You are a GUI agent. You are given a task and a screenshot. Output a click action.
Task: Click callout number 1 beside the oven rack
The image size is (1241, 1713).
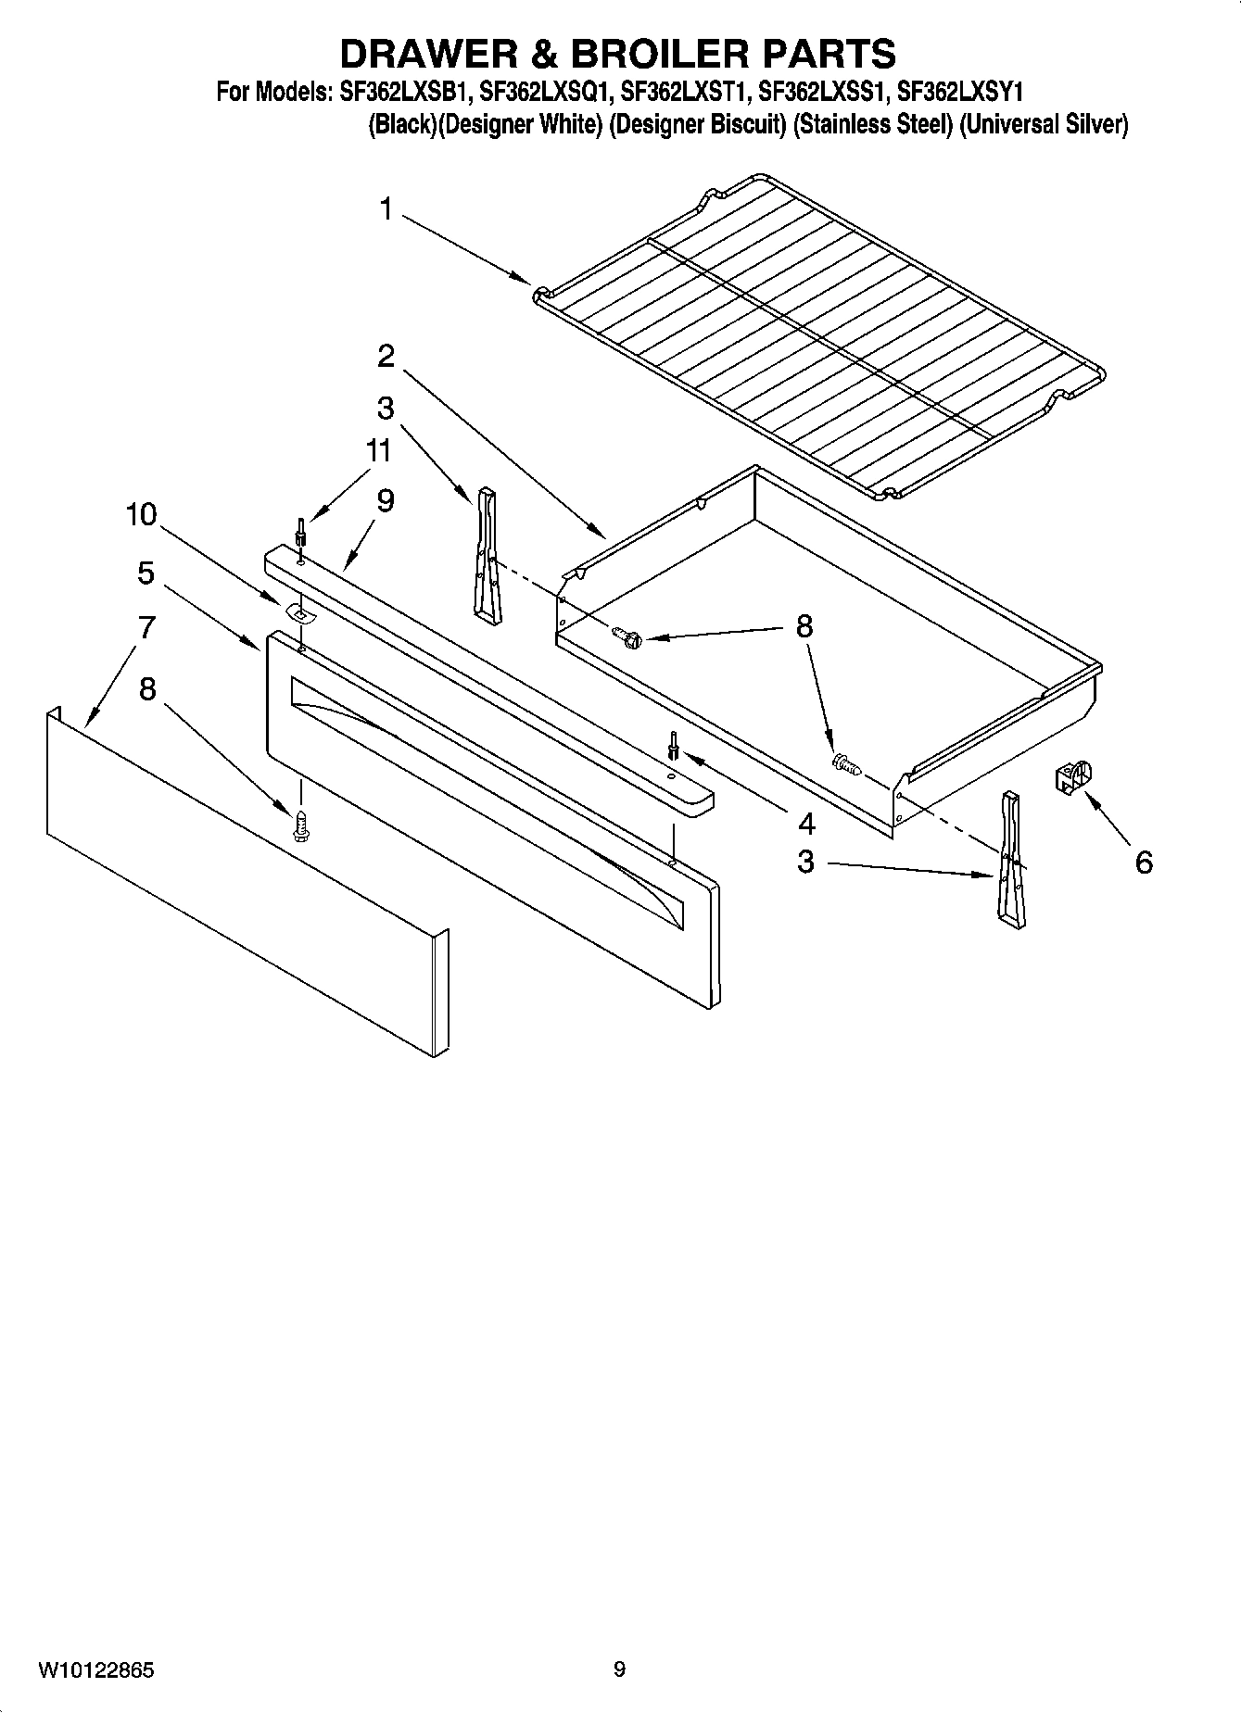386,210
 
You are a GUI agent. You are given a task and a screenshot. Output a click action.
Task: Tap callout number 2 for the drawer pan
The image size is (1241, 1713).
386,356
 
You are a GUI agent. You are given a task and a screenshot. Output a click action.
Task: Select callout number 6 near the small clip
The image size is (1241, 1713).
1144,863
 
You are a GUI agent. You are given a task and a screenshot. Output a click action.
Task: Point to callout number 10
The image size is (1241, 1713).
142,515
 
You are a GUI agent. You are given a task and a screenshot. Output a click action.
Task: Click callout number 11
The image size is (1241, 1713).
377,451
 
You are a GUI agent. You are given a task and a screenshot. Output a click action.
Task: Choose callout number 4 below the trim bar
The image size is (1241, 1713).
806,823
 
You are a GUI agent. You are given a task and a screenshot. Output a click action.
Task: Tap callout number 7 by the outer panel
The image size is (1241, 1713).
146,628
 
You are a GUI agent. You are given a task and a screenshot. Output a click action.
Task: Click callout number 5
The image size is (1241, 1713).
146,573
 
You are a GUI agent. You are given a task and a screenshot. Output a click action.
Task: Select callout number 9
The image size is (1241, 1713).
386,500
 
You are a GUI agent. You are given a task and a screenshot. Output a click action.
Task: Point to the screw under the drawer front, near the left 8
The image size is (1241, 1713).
300,825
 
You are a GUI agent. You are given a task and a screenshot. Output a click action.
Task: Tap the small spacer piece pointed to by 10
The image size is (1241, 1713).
298,611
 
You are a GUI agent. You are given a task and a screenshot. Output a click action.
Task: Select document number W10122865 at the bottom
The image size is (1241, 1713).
96,1670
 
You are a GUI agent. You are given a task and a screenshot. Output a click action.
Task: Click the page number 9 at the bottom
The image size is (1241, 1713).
619,1670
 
